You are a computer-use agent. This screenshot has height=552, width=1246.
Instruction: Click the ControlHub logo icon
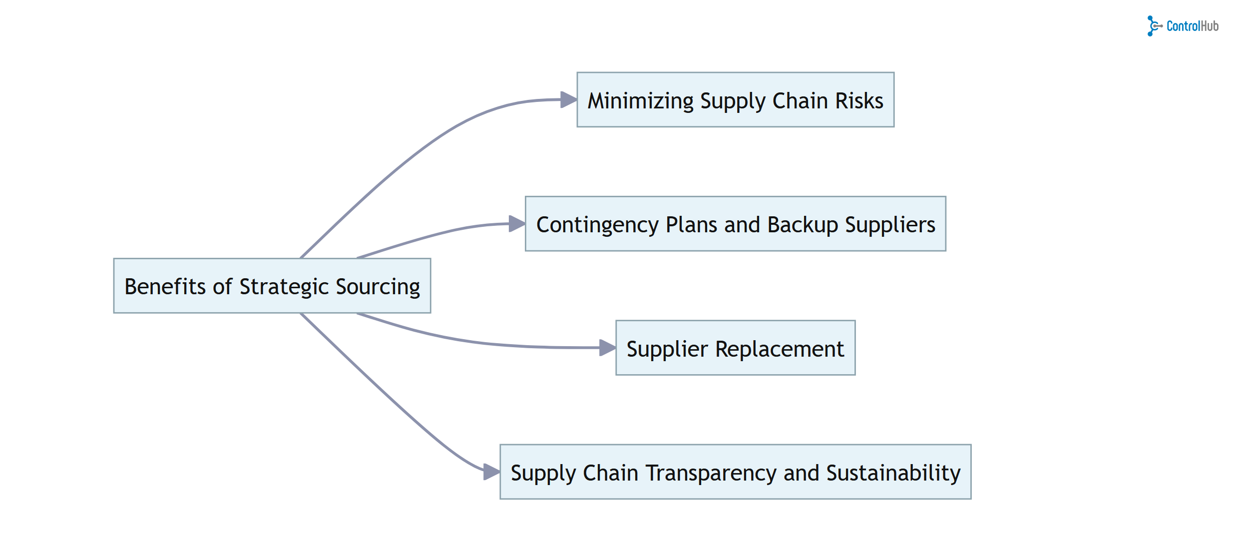(x=1154, y=26)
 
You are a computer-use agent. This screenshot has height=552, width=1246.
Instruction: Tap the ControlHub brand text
(x=1192, y=26)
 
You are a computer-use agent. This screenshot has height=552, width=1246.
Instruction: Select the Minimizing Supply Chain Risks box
(x=735, y=100)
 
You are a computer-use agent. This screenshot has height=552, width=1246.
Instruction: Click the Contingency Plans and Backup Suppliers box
(x=735, y=224)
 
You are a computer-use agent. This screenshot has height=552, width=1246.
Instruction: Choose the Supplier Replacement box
(x=735, y=348)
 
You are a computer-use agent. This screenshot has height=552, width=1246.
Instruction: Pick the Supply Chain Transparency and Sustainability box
(x=735, y=472)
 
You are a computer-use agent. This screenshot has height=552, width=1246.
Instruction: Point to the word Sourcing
(x=378, y=286)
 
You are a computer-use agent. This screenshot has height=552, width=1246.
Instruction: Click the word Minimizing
(x=640, y=100)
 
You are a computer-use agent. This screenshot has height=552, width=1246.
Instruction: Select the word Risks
(x=859, y=100)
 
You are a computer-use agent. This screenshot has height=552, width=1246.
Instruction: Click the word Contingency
(x=597, y=225)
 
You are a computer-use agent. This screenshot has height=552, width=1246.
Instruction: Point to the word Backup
(x=803, y=225)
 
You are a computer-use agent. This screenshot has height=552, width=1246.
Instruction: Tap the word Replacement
(x=779, y=349)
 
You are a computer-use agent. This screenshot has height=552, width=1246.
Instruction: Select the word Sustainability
(x=893, y=473)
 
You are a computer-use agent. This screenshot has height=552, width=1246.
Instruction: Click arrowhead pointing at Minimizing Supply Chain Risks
(x=569, y=99)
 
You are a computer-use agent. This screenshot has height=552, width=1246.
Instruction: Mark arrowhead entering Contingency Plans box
(x=517, y=223)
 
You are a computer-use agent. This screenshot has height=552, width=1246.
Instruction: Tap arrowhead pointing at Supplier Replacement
(x=607, y=347)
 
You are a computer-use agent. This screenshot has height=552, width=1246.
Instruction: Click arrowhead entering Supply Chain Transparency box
(x=491, y=471)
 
